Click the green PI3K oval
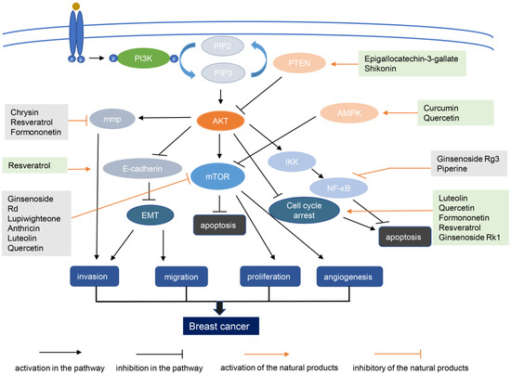coord(142,58)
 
